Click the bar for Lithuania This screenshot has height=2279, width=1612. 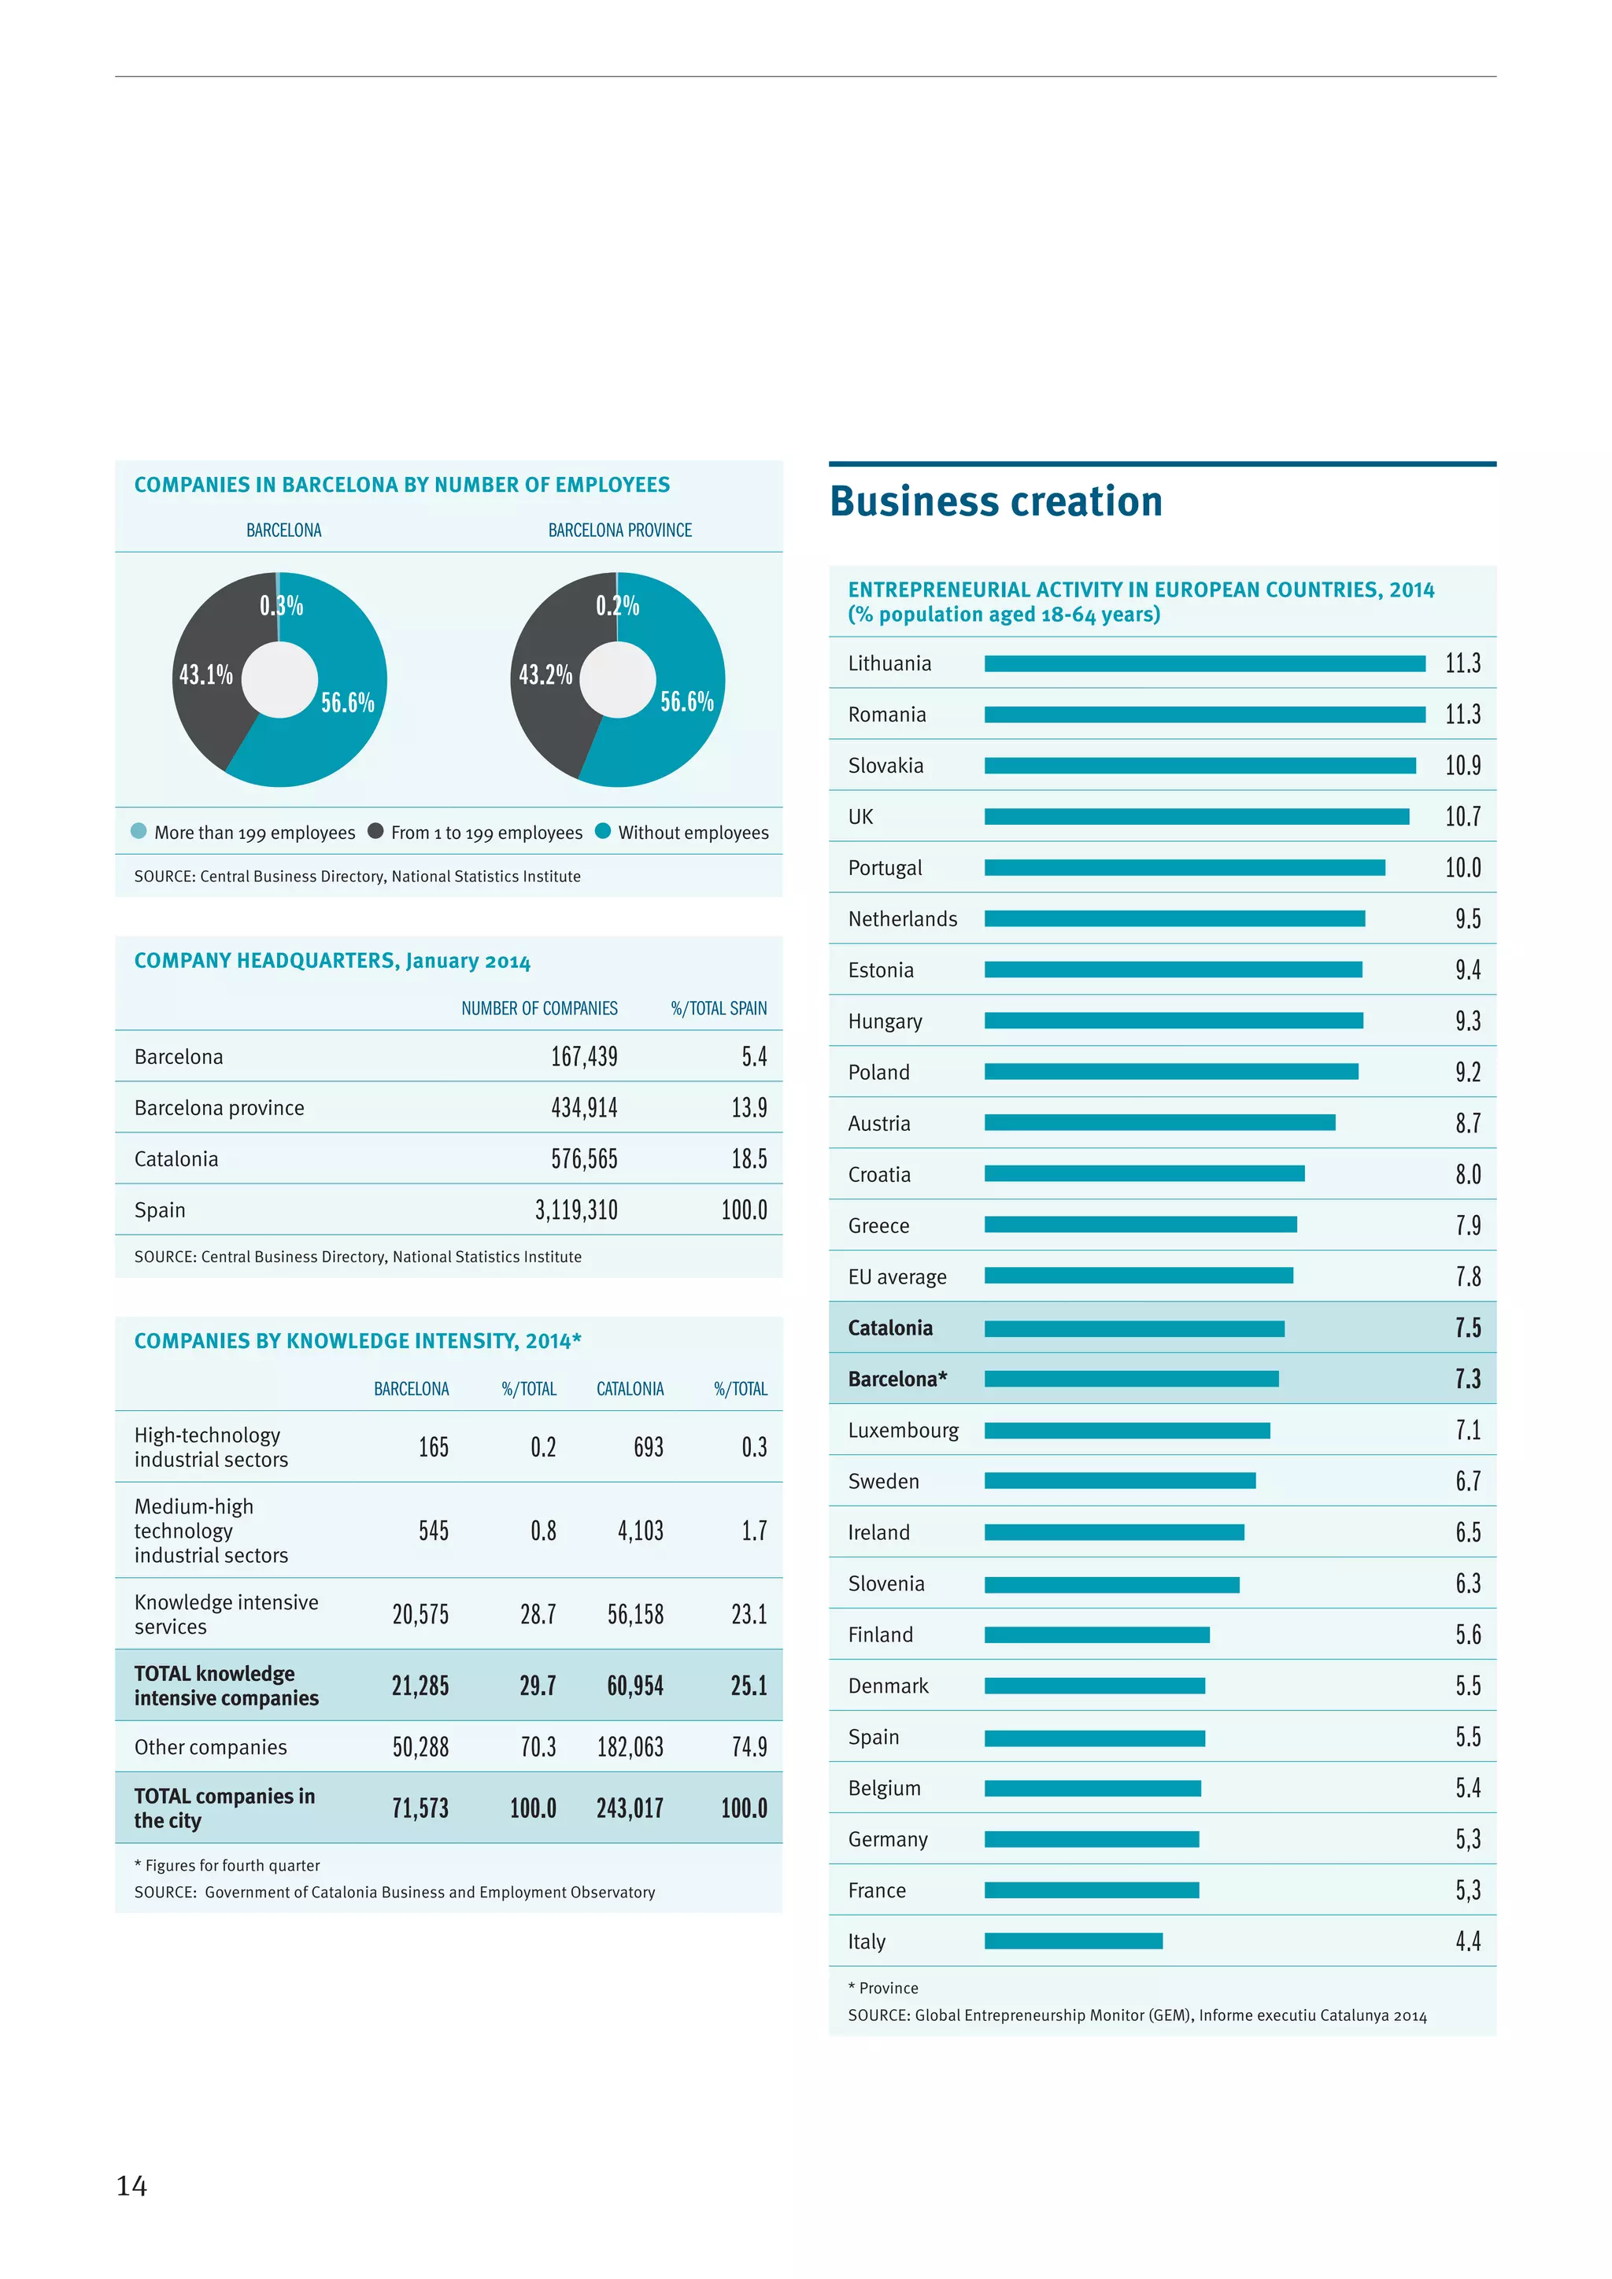point(1204,663)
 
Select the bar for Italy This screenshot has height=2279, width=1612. point(1073,1941)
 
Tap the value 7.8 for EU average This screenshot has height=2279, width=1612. point(1467,1276)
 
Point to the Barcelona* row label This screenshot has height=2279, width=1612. point(897,1379)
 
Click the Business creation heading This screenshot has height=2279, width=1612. point(996,501)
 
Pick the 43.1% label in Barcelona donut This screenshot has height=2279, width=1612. point(205,675)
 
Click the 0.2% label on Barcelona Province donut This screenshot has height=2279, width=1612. point(616,605)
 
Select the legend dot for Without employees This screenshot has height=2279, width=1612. point(602,831)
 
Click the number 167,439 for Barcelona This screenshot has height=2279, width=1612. point(584,1056)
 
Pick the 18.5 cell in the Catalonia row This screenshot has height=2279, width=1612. point(749,1158)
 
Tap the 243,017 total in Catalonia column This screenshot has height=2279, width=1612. point(630,1808)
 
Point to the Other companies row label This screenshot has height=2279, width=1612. point(210,1747)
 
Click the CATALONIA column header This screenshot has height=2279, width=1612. point(630,1389)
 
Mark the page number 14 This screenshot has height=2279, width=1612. point(132,2185)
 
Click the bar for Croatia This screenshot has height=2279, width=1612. point(1144,1173)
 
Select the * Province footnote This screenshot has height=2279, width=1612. point(882,1987)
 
